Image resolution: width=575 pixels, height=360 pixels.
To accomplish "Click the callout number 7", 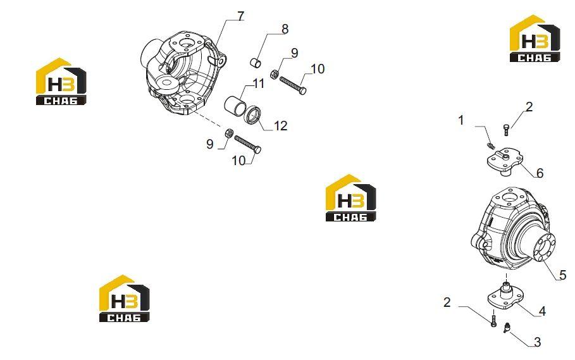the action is click(240, 16).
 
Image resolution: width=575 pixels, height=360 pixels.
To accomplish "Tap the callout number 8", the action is click(285, 29).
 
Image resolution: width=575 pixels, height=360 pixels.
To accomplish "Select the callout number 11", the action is click(259, 84).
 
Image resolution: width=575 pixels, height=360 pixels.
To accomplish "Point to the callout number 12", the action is click(280, 126).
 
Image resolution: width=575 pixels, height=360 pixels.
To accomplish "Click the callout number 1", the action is click(461, 120).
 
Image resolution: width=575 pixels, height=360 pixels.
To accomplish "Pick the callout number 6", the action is click(540, 173).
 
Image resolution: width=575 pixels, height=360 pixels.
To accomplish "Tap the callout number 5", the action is click(563, 275).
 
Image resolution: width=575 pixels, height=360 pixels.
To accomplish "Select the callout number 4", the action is click(542, 311).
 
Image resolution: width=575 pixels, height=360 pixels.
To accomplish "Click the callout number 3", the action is click(537, 342).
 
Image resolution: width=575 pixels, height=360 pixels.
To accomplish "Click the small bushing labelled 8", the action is click(256, 63).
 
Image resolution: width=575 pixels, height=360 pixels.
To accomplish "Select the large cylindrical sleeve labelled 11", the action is click(235, 105).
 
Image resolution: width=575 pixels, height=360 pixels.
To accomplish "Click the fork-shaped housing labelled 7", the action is click(183, 73).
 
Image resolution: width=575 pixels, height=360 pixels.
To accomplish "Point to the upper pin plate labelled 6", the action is click(504, 161).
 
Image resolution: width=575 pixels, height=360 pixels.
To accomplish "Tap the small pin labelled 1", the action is click(491, 146).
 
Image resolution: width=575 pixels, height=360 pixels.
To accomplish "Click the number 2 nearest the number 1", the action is click(529, 107).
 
